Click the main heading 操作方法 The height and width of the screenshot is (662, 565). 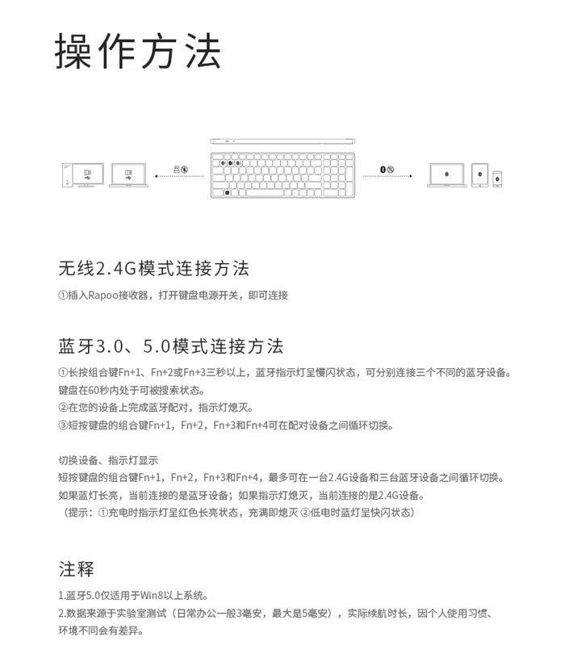click(138, 52)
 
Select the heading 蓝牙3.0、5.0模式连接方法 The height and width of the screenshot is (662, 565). click(171, 347)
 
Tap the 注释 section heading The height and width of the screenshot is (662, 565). click(77, 569)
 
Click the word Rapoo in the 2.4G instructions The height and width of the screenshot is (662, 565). click(103, 296)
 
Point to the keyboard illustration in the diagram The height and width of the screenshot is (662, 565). click(282, 172)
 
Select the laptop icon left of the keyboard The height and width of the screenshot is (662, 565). click(130, 175)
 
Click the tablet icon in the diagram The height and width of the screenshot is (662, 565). click(479, 175)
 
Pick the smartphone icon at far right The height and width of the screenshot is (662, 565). click(498, 177)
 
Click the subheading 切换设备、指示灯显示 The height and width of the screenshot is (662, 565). click(108, 461)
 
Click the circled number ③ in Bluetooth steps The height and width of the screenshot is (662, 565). click(63, 425)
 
